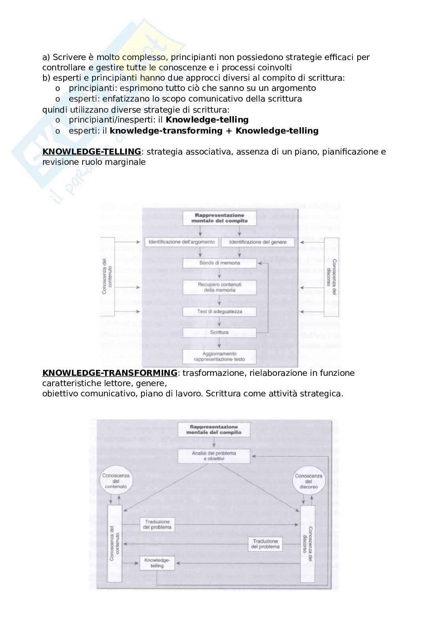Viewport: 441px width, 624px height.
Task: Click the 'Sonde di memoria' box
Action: pos(219,263)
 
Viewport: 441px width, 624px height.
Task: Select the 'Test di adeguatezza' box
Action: pos(219,311)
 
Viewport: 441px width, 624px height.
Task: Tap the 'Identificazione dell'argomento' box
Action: pos(182,242)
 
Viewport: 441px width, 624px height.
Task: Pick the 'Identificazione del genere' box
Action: pos(257,242)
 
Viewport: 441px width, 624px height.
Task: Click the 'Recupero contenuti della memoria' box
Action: pos(219,287)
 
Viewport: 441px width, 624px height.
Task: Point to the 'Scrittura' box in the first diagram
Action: pos(219,332)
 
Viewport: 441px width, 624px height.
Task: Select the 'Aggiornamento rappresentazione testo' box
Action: pos(219,356)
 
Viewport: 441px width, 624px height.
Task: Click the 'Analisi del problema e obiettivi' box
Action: pos(214,456)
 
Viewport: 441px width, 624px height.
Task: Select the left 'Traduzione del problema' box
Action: pos(157,524)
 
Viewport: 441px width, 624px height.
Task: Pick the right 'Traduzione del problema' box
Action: pos(265,544)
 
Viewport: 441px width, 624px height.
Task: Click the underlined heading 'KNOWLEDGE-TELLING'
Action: pos(91,152)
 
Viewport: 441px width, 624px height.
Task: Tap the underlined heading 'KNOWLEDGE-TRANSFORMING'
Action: pos(109,373)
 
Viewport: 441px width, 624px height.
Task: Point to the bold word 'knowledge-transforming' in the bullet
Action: pos(166,131)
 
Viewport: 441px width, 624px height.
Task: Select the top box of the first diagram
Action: pos(219,218)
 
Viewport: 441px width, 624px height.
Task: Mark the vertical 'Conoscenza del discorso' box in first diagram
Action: pos(331,277)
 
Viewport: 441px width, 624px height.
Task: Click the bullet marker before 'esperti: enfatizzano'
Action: pos(58,99)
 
